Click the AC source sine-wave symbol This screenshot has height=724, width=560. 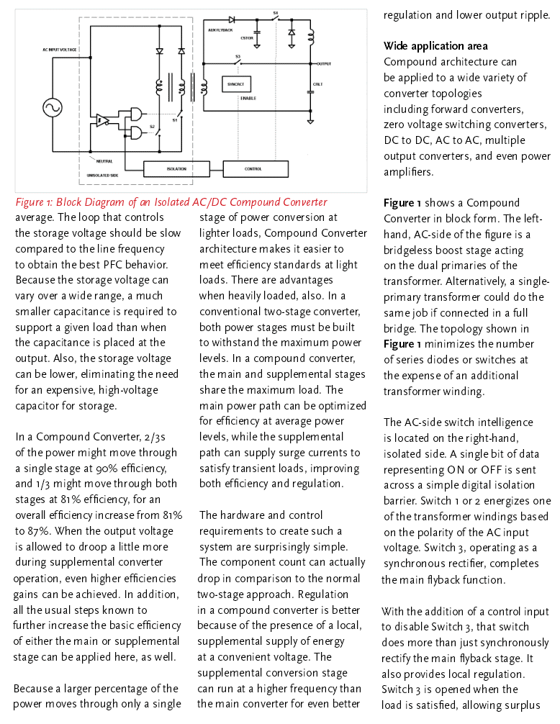click(x=52, y=108)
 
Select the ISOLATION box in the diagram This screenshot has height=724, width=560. click(x=176, y=169)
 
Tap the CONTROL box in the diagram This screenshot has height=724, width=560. click(x=253, y=169)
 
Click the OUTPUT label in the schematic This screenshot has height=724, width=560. click(x=324, y=64)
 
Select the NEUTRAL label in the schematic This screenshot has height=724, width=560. click(x=104, y=161)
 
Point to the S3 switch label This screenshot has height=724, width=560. click(x=238, y=55)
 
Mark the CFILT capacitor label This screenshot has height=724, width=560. click(x=317, y=84)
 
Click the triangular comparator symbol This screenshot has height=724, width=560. click(x=102, y=119)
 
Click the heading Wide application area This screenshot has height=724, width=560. click(x=435, y=46)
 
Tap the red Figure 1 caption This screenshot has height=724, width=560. click(x=171, y=202)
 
